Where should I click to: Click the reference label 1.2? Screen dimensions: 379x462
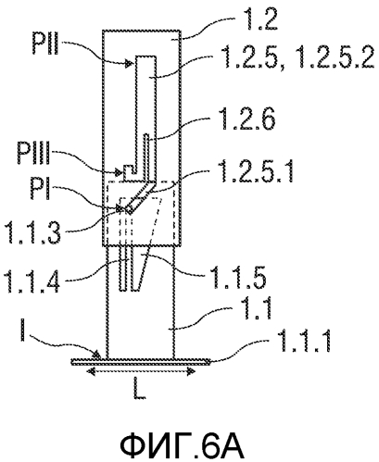tap(260, 19)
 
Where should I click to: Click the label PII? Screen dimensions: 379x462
tap(45, 44)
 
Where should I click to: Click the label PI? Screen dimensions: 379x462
tap(40, 189)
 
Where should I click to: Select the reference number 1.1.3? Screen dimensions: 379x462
tap(33, 232)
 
